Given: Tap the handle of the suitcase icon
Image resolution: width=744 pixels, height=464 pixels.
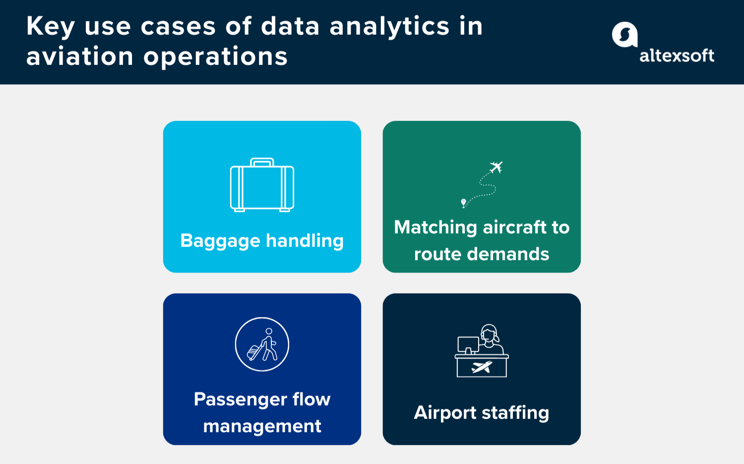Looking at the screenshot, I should (x=262, y=162).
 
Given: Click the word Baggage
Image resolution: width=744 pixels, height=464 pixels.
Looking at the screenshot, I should (x=220, y=241).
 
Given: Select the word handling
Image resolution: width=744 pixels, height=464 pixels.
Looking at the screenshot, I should (x=305, y=240).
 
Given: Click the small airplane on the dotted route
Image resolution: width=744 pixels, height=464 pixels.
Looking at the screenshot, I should (x=496, y=167).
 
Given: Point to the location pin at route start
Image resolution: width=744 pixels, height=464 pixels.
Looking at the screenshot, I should (x=463, y=202).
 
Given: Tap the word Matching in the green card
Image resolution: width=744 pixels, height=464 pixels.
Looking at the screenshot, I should (x=435, y=227).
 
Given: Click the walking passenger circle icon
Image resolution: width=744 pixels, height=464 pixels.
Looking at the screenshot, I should (x=262, y=344).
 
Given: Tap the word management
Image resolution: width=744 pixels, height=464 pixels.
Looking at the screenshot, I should (x=262, y=426).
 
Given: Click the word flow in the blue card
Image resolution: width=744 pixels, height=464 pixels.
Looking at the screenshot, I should (x=311, y=399).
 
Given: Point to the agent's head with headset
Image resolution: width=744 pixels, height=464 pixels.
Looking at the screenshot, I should (x=489, y=333).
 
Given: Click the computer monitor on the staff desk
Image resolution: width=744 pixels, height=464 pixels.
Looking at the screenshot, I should (x=468, y=344).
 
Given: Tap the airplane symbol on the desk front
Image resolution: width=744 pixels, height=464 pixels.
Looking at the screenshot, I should (x=482, y=367).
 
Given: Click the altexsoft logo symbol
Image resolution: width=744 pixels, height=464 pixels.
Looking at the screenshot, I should (x=624, y=35).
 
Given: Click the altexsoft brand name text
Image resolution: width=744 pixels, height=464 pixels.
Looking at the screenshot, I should (x=677, y=56).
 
